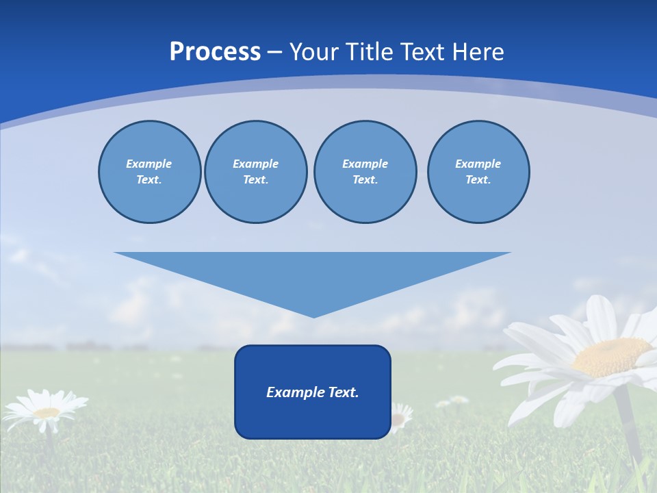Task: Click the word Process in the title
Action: pos(215,52)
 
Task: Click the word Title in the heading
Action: pos(370,52)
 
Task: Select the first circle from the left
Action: pos(149,172)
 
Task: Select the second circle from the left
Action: pos(255,172)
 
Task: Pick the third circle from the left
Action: pos(365,172)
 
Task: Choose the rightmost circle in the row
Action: pos(478,172)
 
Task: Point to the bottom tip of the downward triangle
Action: pos(313,316)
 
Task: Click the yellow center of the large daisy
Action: pos(610,357)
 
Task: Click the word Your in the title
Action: pos(313,52)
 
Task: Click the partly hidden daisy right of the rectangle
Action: pos(400,416)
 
